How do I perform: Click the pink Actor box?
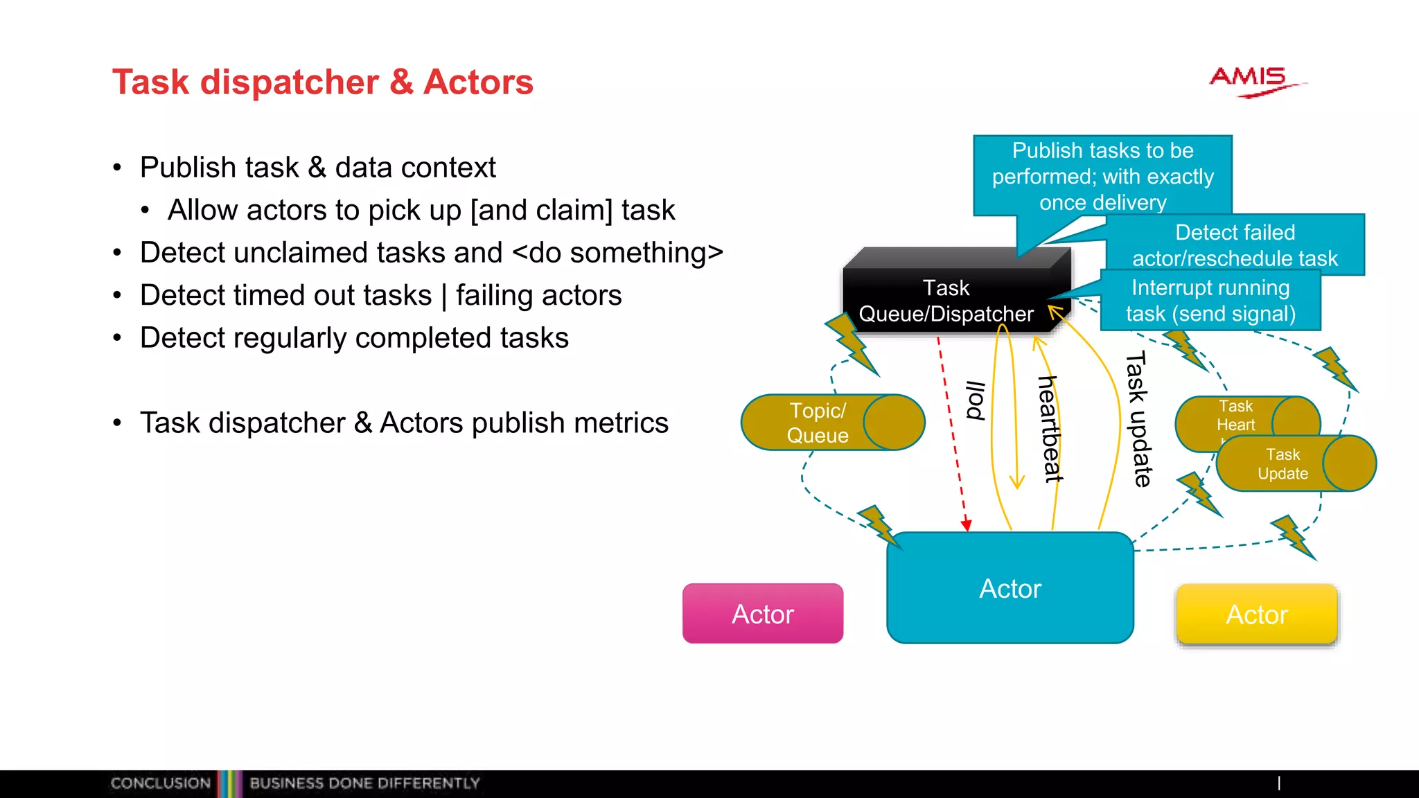[x=763, y=614]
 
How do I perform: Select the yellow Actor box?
[x=1257, y=614]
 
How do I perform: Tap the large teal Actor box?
[x=1010, y=588]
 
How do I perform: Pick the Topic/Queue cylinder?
[x=831, y=423]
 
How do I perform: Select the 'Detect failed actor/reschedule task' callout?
[x=1235, y=245]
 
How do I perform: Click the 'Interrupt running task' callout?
[x=1210, y=301]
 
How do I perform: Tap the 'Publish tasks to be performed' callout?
[x=1102, y=176]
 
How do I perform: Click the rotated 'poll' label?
[x=976, y=401]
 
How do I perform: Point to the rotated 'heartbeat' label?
[x=1050, y=429]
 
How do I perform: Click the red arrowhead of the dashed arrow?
[x=966, y=526]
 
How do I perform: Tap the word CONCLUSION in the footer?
[x=160, y=783]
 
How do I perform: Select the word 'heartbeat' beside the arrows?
[x=1050, y=429]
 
